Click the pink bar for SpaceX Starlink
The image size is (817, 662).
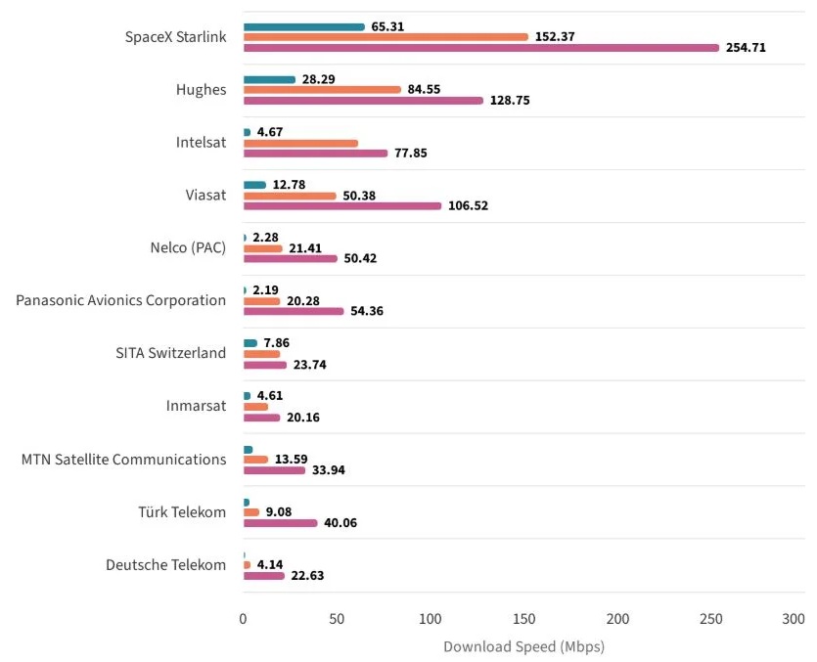coord(480,47)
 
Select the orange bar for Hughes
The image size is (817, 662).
coord(322,89)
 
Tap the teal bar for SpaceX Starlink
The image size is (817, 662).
coord(303,26)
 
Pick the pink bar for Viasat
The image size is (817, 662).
coord(342,205)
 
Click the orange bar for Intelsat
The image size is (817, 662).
coord(300,143)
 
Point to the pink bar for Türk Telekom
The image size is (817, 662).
coord(280,522)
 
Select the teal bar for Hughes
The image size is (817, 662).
coord(269,79)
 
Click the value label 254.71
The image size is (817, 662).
coord(747,47)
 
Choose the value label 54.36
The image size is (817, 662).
coord(366,311)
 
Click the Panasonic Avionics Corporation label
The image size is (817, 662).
coord(121,300)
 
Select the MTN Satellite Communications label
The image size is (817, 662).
coord(124,459)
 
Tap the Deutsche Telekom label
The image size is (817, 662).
coord(166,564)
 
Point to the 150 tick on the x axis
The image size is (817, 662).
coord(524,618)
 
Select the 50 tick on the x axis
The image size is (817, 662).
coord(338,618)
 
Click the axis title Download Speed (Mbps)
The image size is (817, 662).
coord(523,646)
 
